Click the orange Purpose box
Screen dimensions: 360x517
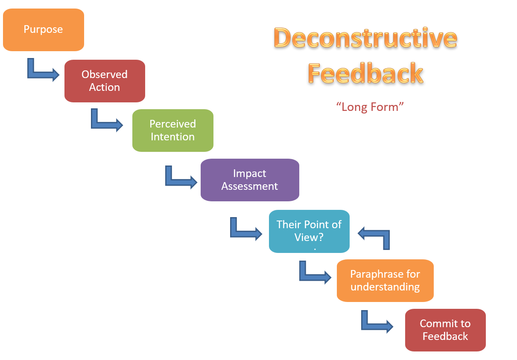43,30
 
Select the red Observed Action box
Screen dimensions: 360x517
105,81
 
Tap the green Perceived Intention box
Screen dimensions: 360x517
172,131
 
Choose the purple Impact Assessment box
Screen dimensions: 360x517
250,180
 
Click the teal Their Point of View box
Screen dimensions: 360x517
309,231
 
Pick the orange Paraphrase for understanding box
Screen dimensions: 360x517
385,281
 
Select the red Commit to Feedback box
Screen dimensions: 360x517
445,330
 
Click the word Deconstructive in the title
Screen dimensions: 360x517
365,38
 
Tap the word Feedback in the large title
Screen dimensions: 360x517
365,73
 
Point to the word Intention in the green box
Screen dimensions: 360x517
172,137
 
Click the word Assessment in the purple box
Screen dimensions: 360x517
250,186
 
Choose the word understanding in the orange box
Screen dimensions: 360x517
385,287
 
